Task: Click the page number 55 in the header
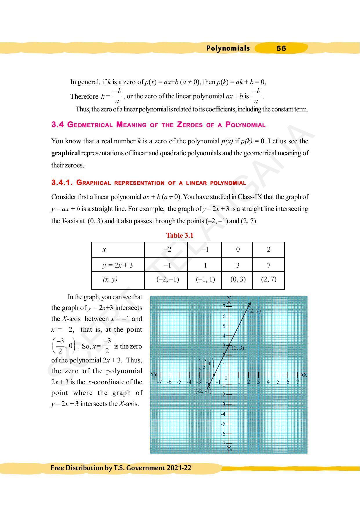[x=281, y=48]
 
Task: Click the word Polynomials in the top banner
[x=228, y=48]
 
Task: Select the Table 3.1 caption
[x=180, y=235]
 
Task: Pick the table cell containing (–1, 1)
[x=205, y=279]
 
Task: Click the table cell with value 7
[x=269, y=265]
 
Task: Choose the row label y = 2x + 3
[x=118, y=265]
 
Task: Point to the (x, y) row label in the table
[x=110, y=279]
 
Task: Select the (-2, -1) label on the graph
[x=203, y=391]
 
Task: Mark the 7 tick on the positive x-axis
[x=298, y=382]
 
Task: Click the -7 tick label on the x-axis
[x=159, y=382]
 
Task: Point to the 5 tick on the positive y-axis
[x=224, y=326]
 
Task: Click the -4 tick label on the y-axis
[x=223, y=414]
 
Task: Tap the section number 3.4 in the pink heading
[x=57, y=124]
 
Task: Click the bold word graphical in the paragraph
[x=66, y=153]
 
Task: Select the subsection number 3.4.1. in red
[x=62, y=183]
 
